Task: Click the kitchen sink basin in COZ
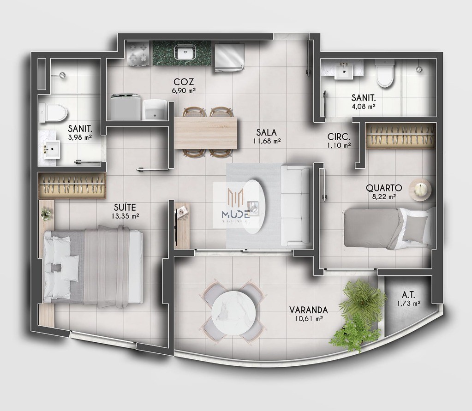click(183, 52)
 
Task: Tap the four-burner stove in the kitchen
click(138, 53)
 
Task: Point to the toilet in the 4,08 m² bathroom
click(384, 76)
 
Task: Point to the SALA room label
click(267, 132)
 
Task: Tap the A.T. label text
click(407, 294)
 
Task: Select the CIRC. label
click(338, 137)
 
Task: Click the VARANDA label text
click(309, 310)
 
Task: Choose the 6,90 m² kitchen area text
click(184, 91)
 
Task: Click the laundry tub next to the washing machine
click(155, 108)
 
